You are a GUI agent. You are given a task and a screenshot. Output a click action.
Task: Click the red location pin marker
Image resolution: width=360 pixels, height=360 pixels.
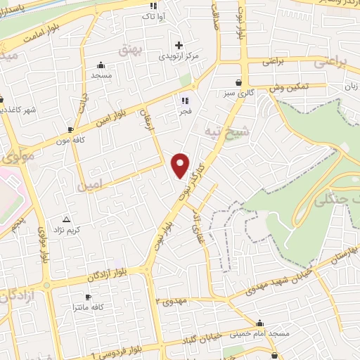pyautogui.click(x=181, y=164)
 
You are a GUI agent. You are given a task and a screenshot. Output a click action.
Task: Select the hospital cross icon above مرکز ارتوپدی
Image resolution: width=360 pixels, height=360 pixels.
pyautogui.click(x=179, y=45)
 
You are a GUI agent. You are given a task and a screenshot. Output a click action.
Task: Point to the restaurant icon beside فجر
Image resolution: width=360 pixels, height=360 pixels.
pyautogui.click(x=186, y=101)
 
